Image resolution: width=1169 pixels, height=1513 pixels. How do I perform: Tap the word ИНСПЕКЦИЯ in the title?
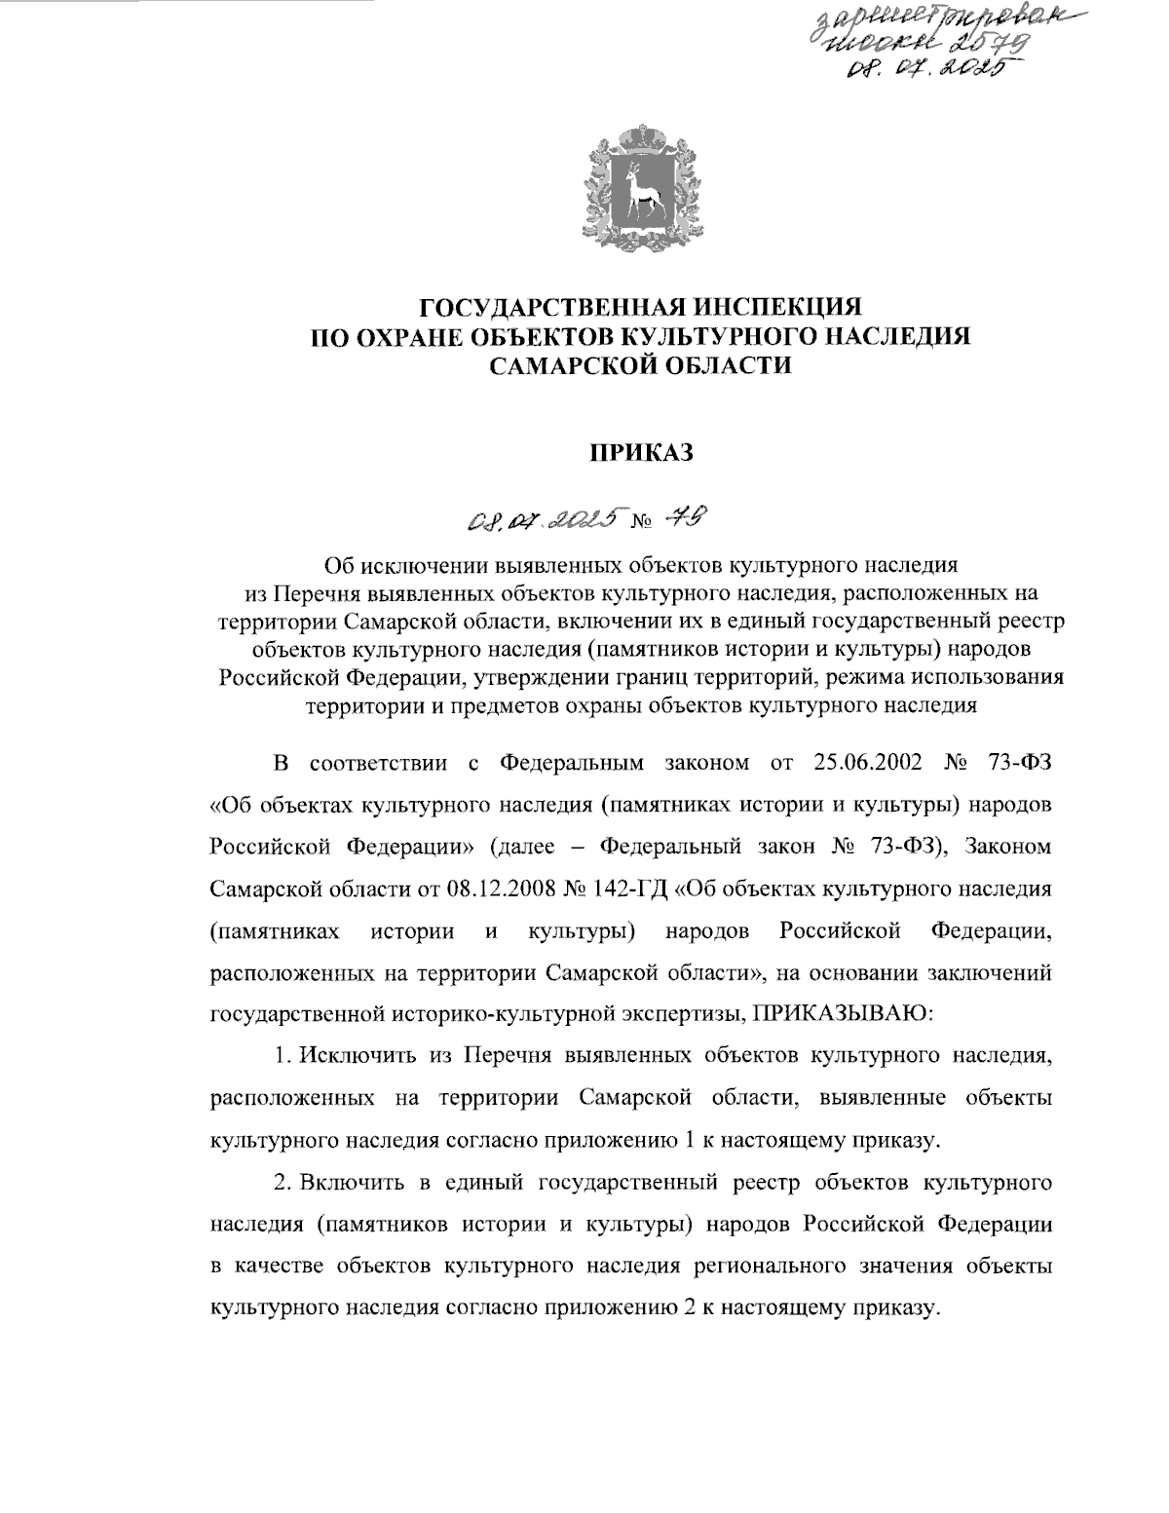(772, 308)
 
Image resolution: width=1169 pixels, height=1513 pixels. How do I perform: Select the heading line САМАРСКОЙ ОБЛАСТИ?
(640, 365)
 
